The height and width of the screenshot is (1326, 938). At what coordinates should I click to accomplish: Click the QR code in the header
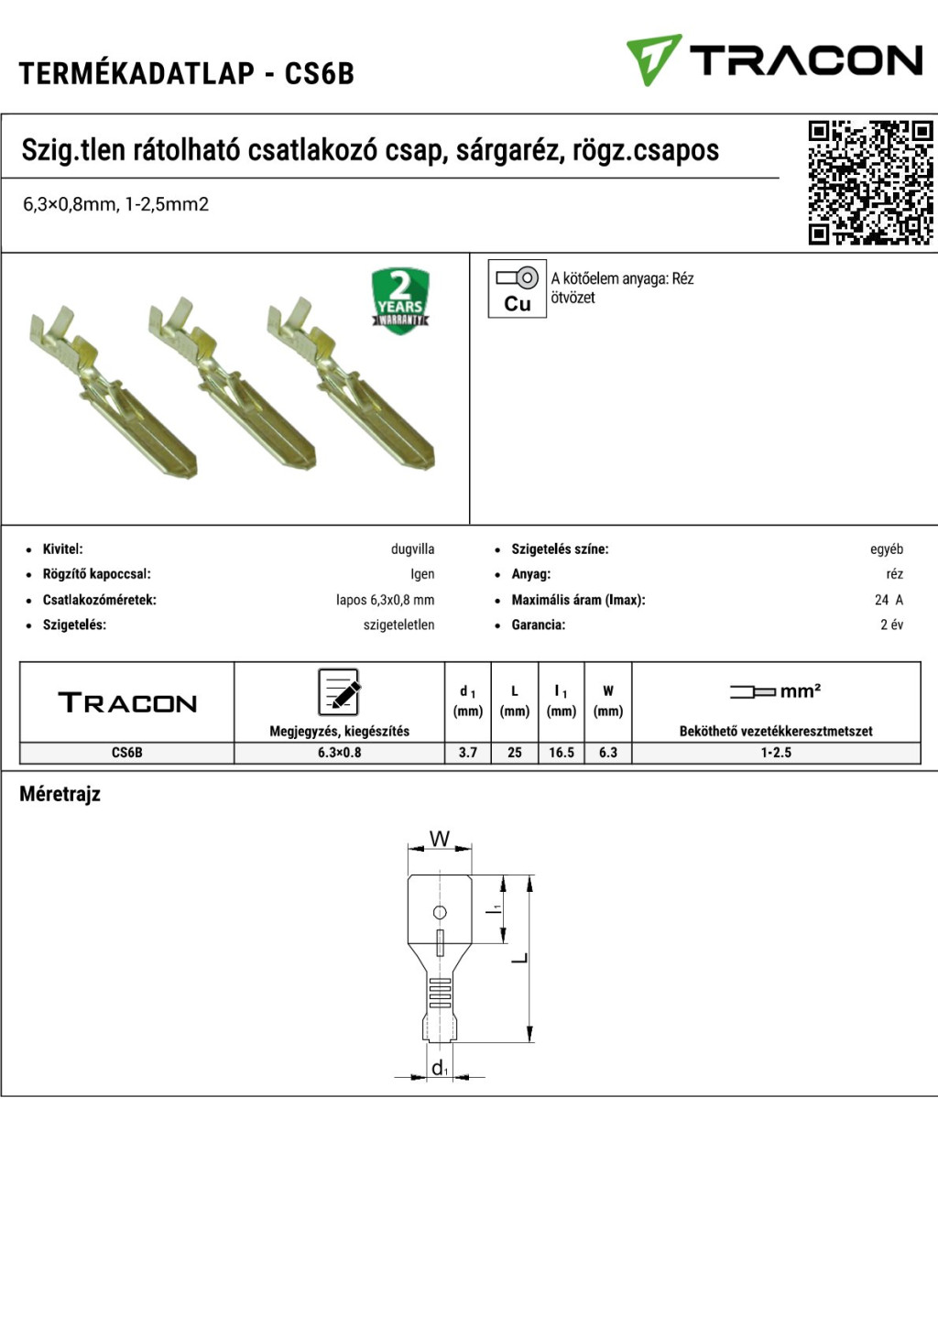point(870,182)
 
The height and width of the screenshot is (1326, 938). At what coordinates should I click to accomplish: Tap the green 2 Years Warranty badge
point(400,300)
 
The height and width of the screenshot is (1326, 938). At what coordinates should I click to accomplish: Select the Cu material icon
point(517,288)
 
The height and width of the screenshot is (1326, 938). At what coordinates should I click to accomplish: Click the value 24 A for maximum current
point(889,600)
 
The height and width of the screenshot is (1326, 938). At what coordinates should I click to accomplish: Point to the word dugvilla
point(413,549)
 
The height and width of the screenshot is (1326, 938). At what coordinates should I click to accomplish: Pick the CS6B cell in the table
point(126,753)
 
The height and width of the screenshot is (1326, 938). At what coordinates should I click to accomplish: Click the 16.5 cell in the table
point(562,753)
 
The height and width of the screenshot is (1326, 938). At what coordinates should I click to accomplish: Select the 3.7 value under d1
point(468,753)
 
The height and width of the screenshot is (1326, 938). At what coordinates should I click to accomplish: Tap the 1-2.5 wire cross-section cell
point(776,753)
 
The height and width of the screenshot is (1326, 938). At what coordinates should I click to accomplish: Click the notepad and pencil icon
point(339,692)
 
